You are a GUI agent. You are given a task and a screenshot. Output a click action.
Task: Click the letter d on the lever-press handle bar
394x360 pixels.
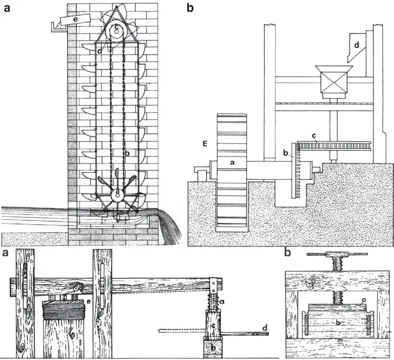pyautogui.click(x=265, y=328)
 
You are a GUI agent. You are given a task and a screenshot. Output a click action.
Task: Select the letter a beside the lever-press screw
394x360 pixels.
pyautogui.click(x=223, y=303)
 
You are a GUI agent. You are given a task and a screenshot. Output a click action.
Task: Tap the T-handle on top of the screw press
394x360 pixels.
pyautogui.click(x=338, y=255)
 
